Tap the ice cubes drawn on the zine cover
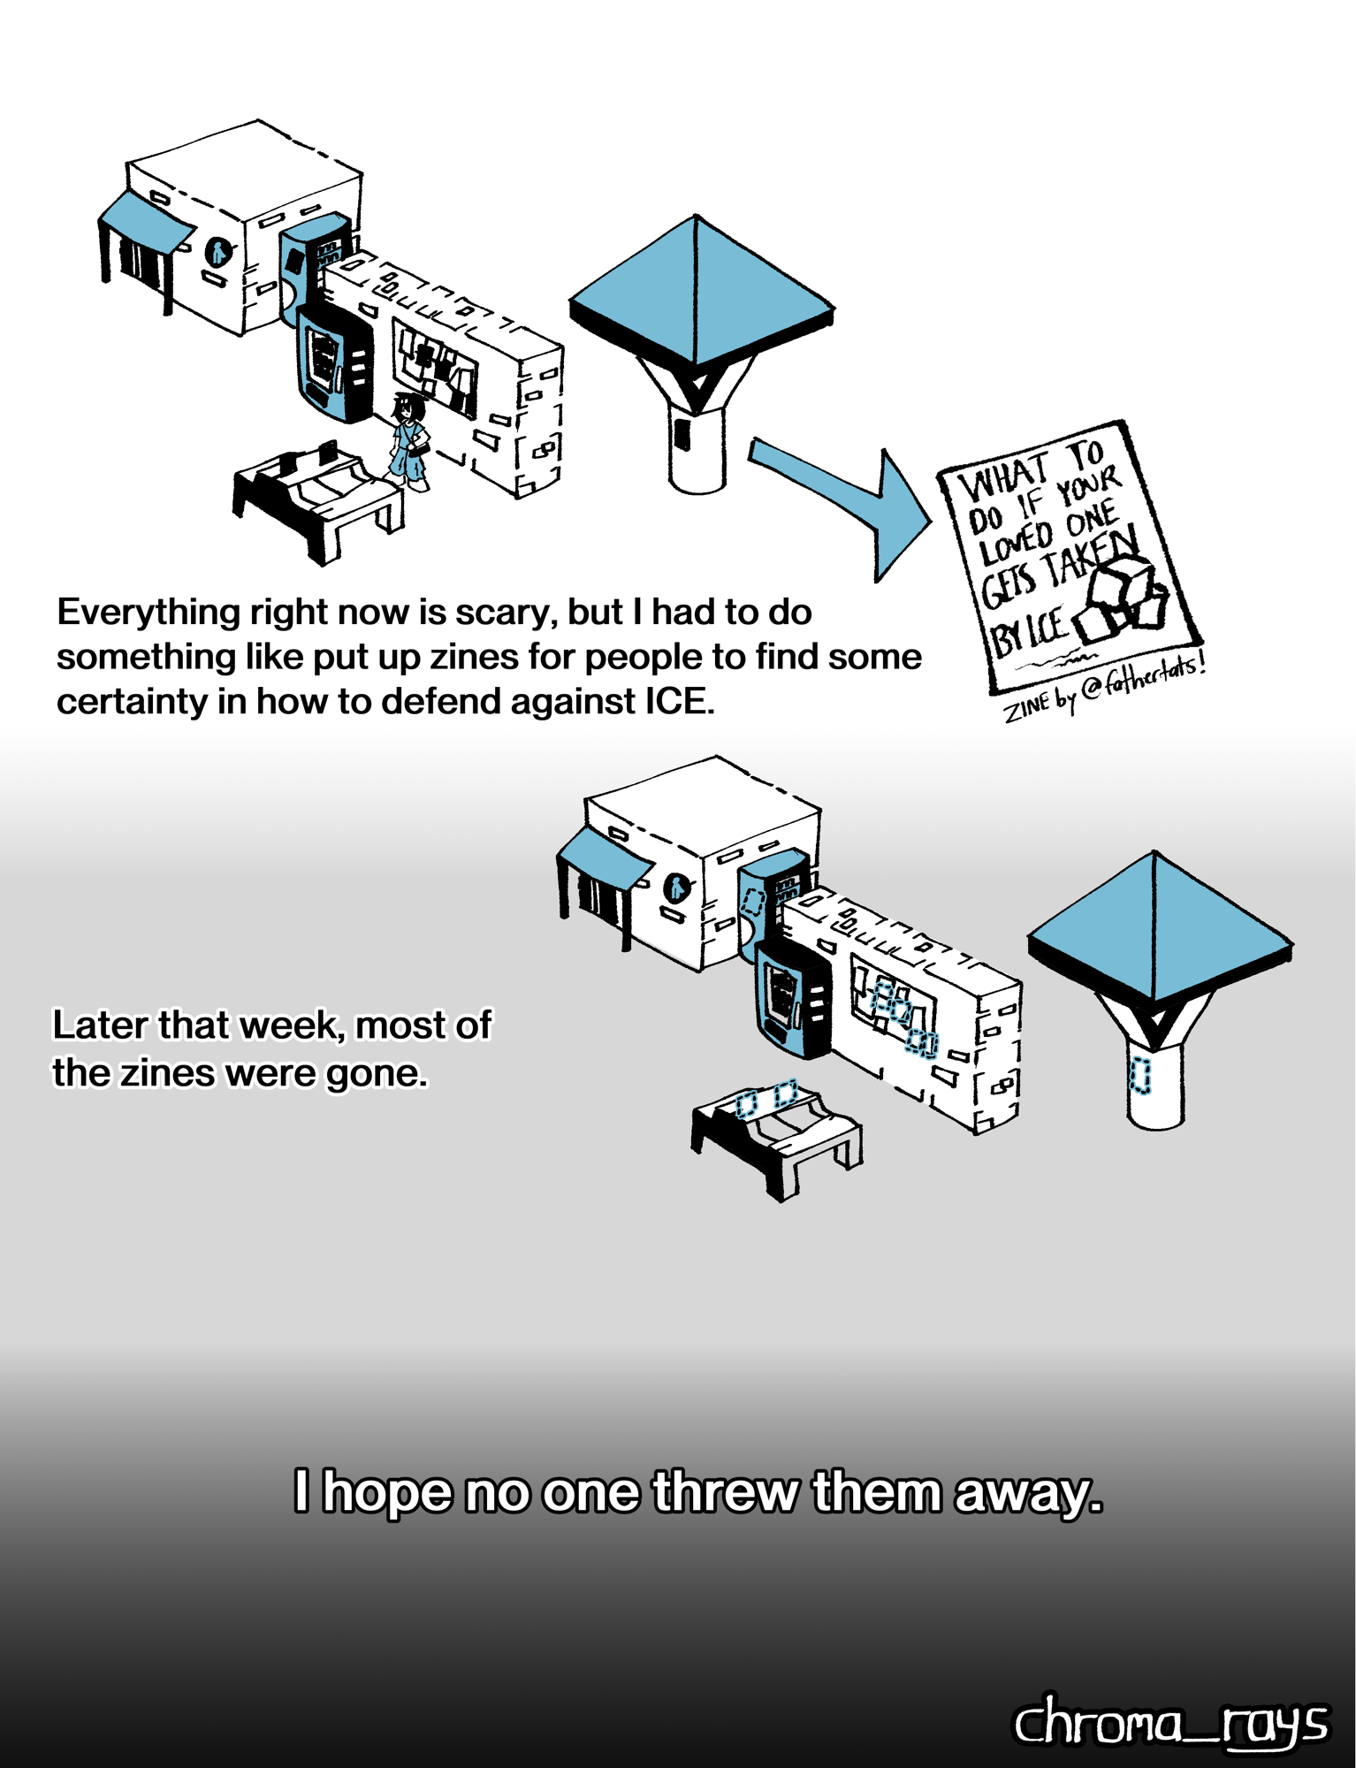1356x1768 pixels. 1119,599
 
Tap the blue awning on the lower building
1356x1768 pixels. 605,858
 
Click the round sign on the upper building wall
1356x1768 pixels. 218,252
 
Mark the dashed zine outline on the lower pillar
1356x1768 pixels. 1140,1076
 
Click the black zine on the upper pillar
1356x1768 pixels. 682,432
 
